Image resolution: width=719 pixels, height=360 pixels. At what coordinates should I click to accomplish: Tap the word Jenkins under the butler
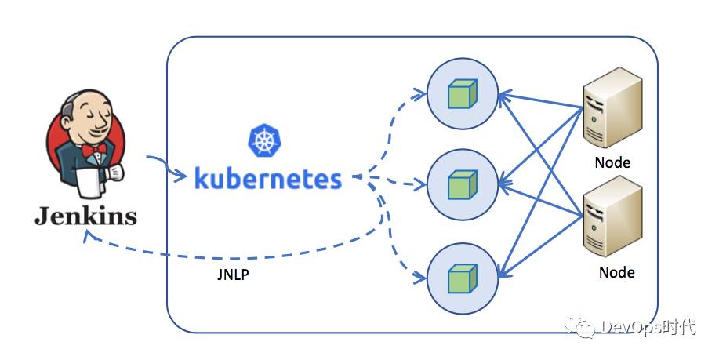pos(85,214)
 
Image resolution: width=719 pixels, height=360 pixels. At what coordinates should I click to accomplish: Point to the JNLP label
pos(234,276)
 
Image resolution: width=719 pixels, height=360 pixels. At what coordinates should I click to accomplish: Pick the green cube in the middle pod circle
pos(462,185)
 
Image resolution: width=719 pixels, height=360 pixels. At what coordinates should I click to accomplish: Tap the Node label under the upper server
pos(612,163)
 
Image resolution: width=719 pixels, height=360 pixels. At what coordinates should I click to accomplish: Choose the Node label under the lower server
pos(616,273)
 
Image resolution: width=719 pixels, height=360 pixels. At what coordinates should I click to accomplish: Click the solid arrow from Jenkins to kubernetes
pos(165,165)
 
